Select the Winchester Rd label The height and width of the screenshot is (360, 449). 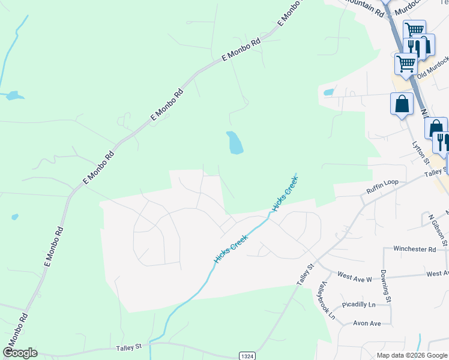[x=414, y=248]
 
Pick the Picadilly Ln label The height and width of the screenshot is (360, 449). [x=358, y=305]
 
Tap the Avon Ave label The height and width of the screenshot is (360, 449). [x=367, y=323]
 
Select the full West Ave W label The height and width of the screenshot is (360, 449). [x=355, y=277]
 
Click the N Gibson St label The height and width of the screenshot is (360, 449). [x=438, y=230]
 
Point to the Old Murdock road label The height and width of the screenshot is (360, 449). [x=433, y=67]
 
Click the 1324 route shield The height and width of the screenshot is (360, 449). [x=247, y=356]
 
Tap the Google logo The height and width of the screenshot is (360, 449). [x=20, y=353]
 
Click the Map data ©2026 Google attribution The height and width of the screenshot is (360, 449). [x=412, y=355]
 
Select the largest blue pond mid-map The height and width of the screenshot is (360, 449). [x=235, y=143]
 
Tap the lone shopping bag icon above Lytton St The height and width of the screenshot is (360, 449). [x=402, y=104]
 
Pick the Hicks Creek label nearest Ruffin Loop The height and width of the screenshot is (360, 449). [x=285, y=192]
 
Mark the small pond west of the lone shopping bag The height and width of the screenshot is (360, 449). [x=328, y=92]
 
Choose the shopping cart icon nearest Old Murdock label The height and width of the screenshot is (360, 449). [x=406, y=62]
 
